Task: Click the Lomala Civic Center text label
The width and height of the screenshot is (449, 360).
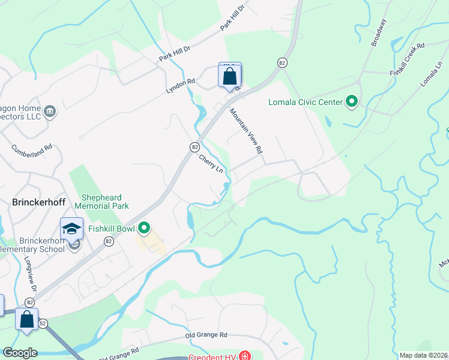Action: [305, 102]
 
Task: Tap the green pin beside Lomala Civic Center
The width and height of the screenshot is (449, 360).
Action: [352, 102]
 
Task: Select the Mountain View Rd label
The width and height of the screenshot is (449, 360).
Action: [247, 130]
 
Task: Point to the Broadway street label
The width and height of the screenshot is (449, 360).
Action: [379, 32]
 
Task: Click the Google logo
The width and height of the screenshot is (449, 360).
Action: [20, 353]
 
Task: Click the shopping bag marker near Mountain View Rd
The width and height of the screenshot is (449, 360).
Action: [229, 76]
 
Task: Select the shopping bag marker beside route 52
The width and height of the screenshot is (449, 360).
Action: [27, 319]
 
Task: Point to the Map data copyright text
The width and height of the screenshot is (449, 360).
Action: [423, 355]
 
